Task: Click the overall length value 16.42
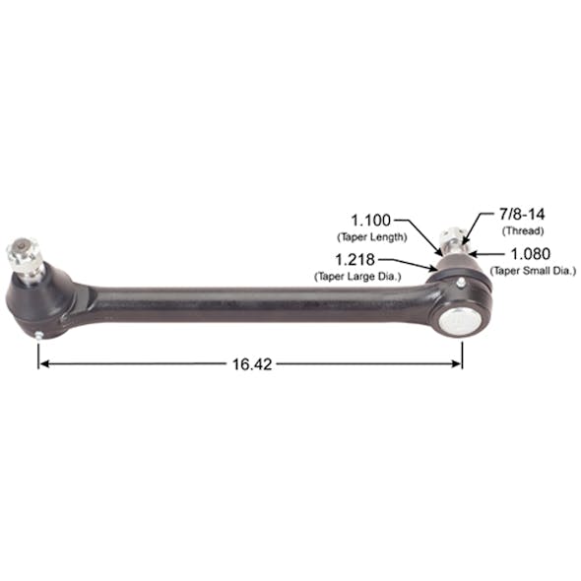click(251, 363)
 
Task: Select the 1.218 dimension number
click(357, 260)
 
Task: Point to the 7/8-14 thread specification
click(502, 215)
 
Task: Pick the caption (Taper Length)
click(371, 237)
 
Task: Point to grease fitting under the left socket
click(38, 335)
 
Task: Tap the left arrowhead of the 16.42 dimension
click(42, 363)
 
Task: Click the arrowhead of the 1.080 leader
click(472, 253)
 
